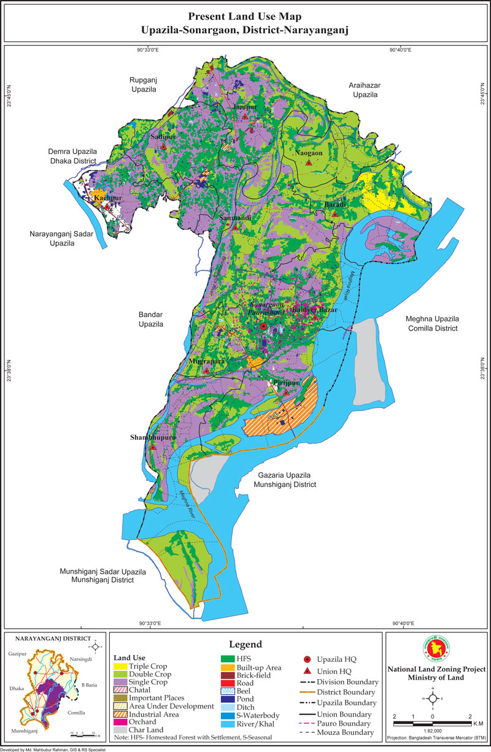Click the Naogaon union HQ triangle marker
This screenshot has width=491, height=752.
click(x=309, y=163)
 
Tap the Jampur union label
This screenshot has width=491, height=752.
click(x=244, y=107)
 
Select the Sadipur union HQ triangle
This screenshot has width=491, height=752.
click(x=163, y=147)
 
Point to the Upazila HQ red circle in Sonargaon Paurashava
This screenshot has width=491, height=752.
click(x=263, y=327)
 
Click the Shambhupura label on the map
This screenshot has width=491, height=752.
click(x=153, y=437)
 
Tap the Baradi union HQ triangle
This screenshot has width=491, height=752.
click(x=335, y=214)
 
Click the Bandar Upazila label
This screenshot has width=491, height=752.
click(x=150, y=319)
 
